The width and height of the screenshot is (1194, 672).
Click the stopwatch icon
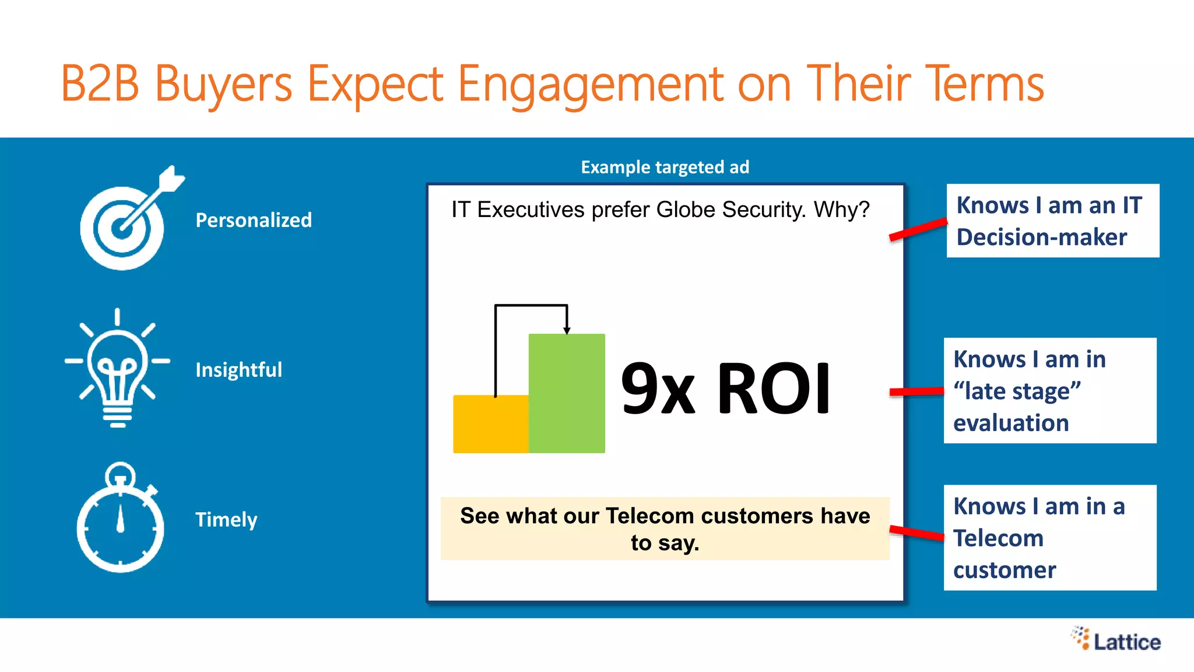coord(120,520)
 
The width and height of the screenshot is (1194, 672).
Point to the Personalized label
coord(254,220)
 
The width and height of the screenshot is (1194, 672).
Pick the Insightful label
coord(238,370)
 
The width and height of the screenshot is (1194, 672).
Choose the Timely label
coord(226,520)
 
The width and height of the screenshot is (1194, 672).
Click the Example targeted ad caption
coord(665,167)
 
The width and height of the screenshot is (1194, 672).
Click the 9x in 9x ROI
coord(658,389)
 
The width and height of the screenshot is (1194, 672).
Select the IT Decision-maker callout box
coord(1052,221)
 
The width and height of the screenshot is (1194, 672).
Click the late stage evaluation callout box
coord(1049,391)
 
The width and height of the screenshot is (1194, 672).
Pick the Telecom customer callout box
coord(1049,538)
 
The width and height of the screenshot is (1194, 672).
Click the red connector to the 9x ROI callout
coord(916,392)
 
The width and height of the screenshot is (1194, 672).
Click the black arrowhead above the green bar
coord(567,331)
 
